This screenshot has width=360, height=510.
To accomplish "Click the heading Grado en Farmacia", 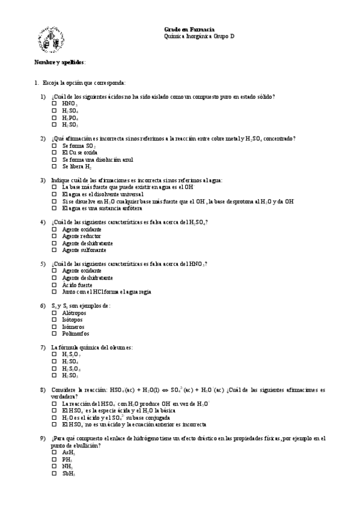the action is click(x=189, y=29).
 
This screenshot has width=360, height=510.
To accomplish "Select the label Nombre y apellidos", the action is click(x=59, y=62).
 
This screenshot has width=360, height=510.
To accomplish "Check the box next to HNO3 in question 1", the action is click(x=54, y=103).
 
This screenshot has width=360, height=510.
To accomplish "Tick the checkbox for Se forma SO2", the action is click(x=54, y=146).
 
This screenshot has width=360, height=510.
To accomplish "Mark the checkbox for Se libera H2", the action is click(x=54, y=167).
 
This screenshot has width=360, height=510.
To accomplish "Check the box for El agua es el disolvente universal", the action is click(x=54, y=194).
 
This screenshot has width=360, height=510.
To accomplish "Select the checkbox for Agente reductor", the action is click(x=54, y=236).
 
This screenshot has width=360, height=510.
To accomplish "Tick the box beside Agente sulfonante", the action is click(x=54, y=250).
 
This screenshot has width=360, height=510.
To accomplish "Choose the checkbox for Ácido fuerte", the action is click(x=54, y=284).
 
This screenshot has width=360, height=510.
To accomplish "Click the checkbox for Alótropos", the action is click(x=54, y=313).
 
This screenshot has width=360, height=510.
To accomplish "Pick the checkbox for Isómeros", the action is click(x=54, y=327).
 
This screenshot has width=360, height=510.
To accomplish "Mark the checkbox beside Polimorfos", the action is click(x=54, y=333).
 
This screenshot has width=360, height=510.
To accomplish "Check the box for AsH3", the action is click(x=54, y=452).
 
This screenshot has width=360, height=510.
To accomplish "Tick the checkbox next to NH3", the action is click(x=54, y=465).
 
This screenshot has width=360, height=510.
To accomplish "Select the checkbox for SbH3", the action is click(x=54, y=473).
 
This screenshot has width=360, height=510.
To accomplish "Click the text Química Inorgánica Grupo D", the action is click(x=199, y=36).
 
